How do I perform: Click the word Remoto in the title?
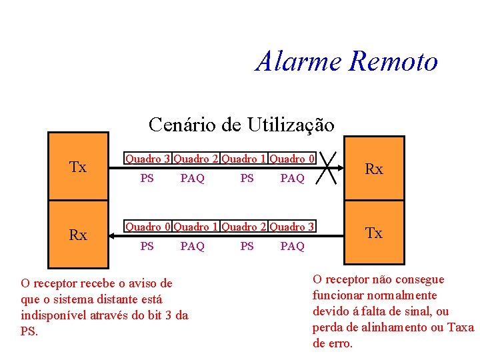pyautogui.click(x=393, y=61)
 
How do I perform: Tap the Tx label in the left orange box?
pyautogui.click(x=78, y=167)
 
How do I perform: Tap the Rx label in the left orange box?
pyautogui.click(x=78, y=235)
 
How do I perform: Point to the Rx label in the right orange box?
pyautogui.click(x=374, y=169)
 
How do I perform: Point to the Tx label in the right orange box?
pyautogui.click(x=374, y=233)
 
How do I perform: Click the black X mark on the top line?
pyautogui.click(x=328, y=166)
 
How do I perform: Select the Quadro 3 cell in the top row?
pyautogui.click(x=148, y=159)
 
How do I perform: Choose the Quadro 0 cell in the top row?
pyautogui.click(x=292, y=159)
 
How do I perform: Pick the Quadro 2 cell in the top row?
pyautogui.click(x=196, y=159)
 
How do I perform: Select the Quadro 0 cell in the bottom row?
pyautogui.click(x=148, y=227)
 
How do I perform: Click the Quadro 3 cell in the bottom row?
pyautogui.click(x=292, y=227)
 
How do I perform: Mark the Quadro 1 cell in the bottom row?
pyautogui.click(x=196, y=227)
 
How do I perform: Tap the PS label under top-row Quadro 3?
pyautogui.click(x=147, y=179)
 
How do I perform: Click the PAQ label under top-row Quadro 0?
pyautogui.click(x=292, y=179)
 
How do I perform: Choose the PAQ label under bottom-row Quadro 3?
pyautogui.click(x=292, y=247)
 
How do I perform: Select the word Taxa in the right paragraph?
pyautogui.click(x=461, y=327)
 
